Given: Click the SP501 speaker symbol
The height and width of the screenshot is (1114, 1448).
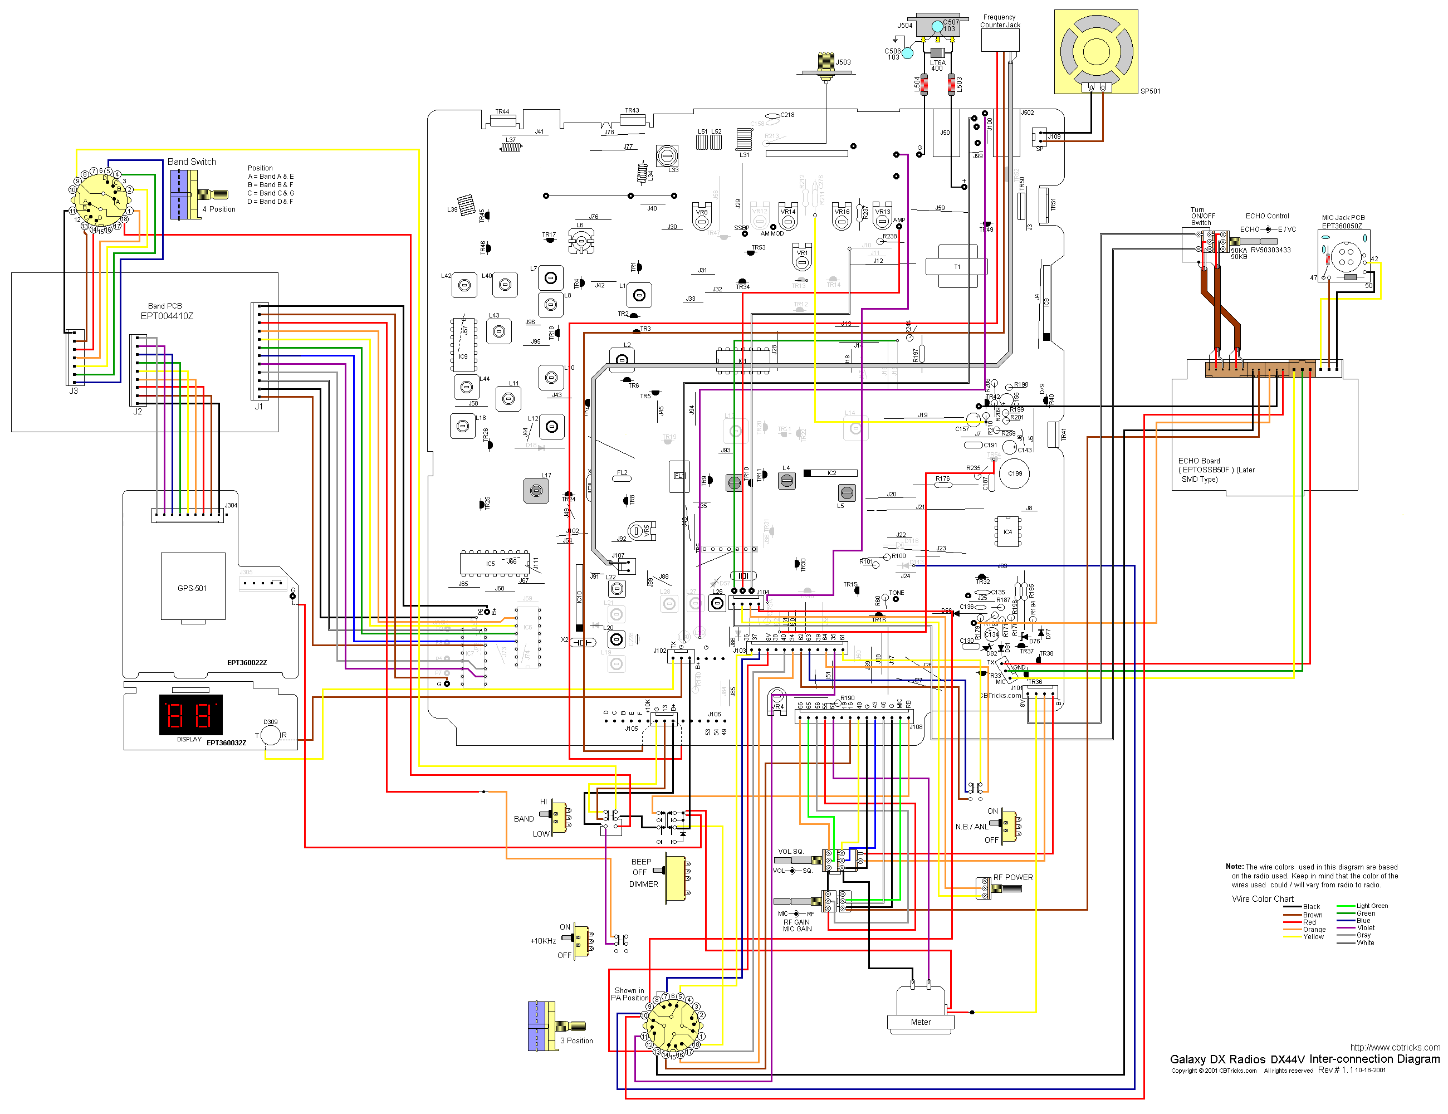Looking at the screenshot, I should pyautogui.click(x=1096, y=51).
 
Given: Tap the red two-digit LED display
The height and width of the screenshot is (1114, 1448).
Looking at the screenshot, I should pyautogui.click(x=190, y=715).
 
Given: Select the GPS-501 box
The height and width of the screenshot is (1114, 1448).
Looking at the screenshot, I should pyautogui.click(x=192, y=588).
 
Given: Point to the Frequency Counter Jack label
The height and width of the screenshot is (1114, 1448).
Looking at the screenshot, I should pyautogui.click(x=1000, y=21).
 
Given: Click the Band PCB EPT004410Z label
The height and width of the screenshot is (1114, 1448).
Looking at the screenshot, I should pyautogui.click(x=166, y=311).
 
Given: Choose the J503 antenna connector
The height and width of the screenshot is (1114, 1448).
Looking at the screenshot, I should pyautogui.click(x=825, y=63).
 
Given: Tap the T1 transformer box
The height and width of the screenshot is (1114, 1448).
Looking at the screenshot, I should pyautogui.click(x=957, y=267).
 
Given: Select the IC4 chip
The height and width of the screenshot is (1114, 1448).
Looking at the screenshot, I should pyautogui.click(x=1007, y=532).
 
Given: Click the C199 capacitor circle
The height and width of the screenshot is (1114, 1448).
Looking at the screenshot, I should pyautogui.click(x=1014, y=473).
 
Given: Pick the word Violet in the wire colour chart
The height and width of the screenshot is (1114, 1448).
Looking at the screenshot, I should pyautogui.click(x=1366, y=927).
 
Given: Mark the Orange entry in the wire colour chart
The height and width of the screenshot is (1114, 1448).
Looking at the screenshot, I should pyautogui.click(x=1314, y=930).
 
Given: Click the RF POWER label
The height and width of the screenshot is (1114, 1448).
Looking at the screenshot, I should pyautogui.click(x=1012, y=877).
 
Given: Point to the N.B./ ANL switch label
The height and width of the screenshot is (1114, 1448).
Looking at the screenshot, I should pyautogui.click(x=971, y=827).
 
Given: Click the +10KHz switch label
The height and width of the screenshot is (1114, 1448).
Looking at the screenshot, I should pyautogui.click(x=542, y=941).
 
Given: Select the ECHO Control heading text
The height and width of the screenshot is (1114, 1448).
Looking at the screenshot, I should pyautogui.click(x=1267, y=216).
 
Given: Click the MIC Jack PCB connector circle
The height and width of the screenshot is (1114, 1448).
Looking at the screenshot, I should pyautogui.click(x=1346, y=257).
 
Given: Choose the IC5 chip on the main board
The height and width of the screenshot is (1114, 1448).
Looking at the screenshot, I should pyautogui.click(x=490, y=564).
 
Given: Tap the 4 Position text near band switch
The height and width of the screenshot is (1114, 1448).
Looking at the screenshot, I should pyautogui.click(x=219, y=209).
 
